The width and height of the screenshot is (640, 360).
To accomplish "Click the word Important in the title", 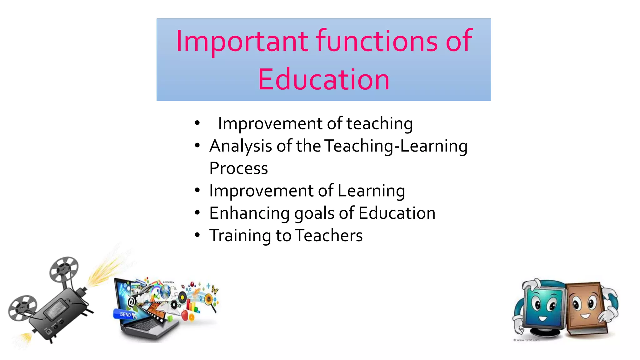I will pos(242,41).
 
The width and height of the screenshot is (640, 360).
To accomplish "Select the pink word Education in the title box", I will pos(324,80).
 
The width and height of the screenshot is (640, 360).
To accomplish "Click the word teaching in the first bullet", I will pos(379,124).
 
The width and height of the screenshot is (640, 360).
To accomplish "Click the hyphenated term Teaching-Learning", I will pos(396,146).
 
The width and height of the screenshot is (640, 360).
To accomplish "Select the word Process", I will pos(238,168).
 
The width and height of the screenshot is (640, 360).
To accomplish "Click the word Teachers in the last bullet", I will pos(329,235).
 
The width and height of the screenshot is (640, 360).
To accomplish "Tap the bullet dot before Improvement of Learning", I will pos(197,190).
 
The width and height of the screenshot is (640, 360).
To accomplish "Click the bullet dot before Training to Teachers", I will pos(197,235).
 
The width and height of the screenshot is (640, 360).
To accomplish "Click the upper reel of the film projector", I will pos(64,269).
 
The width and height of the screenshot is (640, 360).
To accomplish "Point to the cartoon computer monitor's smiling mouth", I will pos(542,319).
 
